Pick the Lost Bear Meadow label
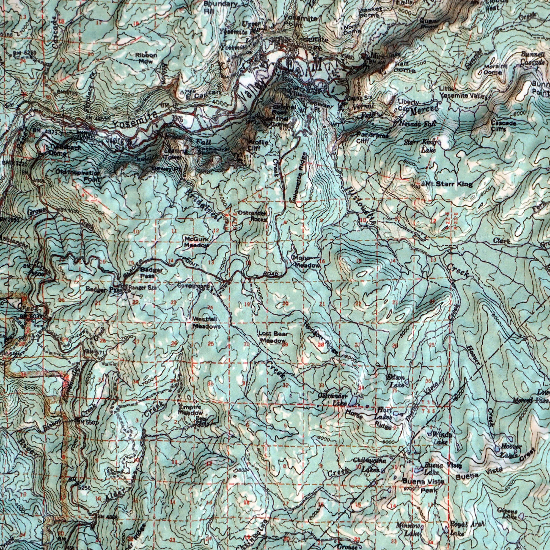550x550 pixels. point(273,337)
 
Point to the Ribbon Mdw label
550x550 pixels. point(146,58)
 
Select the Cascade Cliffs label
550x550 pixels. point(503,126)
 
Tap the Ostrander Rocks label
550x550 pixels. point(252,216)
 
